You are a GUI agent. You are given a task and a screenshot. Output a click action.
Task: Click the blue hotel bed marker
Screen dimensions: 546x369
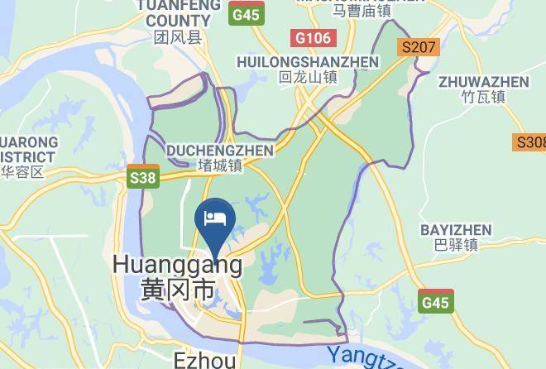click(215, 219)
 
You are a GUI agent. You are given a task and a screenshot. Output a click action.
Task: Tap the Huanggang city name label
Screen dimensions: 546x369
click(177, 265)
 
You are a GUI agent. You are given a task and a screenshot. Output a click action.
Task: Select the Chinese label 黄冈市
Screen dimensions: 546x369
click(177, 290)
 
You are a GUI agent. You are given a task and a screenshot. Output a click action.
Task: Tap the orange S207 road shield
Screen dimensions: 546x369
click(418, 47)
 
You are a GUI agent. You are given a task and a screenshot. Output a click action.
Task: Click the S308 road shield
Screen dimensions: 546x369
click(530, 142)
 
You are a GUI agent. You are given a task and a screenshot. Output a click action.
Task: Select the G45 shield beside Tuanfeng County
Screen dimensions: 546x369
click(246, 15)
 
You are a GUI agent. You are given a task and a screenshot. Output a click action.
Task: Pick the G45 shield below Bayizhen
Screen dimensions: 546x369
click(435, 302)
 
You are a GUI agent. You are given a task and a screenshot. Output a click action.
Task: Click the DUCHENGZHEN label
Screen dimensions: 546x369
click(220, 151)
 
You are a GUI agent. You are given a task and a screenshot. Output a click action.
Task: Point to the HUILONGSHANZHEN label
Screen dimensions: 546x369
click(307, 62)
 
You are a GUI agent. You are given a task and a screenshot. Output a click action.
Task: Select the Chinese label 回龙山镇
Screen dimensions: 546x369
click(308, 78)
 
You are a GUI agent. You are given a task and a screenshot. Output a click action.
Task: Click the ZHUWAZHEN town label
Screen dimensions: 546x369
click(484, 82)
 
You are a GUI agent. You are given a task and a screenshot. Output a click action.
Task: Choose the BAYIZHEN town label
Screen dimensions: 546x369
click(456, 229)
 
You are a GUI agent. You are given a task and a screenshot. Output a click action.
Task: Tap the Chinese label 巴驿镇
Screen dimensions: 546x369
click(456, 245)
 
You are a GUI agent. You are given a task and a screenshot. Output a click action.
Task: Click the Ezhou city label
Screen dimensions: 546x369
click(205, 360)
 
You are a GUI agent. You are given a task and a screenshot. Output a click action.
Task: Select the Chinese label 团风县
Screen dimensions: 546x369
click(178, 37)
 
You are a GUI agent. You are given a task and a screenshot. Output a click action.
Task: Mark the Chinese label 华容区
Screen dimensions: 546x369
click(22, 172)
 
